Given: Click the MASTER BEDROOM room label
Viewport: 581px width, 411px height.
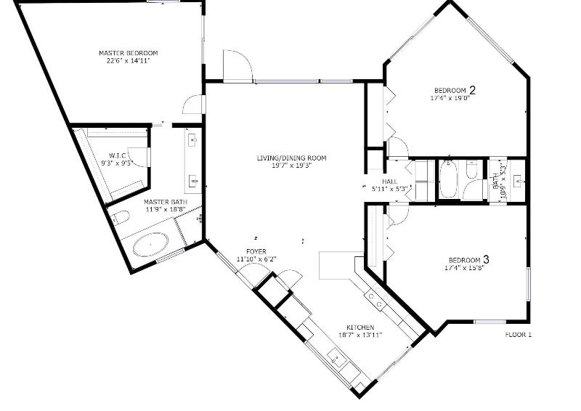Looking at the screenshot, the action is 129,53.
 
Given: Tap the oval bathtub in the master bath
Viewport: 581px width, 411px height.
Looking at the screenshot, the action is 150,245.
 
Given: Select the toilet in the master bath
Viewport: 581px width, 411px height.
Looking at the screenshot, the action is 121,218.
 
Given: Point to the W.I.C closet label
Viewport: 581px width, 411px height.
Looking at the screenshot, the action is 118,155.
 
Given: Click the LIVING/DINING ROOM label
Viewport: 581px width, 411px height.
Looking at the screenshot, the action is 292,158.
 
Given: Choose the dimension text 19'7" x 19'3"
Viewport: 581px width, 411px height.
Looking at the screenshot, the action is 292,166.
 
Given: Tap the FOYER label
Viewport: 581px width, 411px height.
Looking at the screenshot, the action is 256,252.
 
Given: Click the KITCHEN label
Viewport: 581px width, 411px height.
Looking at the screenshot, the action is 360,327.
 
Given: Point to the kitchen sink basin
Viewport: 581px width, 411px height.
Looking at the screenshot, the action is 336,359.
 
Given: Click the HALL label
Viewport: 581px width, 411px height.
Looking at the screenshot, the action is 390,182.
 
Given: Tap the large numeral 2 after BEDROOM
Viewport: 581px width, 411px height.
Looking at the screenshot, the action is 473,90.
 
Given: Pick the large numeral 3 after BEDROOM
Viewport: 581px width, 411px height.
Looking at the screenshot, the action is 486,259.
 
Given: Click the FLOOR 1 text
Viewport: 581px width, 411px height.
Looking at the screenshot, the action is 519,335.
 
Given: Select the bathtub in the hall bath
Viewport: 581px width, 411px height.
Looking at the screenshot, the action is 449,180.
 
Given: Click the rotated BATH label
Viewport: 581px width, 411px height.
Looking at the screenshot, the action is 496,182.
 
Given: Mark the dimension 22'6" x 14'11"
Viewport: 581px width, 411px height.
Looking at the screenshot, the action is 128,60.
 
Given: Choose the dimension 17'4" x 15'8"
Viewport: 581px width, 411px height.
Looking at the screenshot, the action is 465,266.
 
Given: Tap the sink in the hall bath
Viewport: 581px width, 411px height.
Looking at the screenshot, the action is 519,182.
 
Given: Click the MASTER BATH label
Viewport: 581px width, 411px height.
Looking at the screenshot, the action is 166,203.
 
